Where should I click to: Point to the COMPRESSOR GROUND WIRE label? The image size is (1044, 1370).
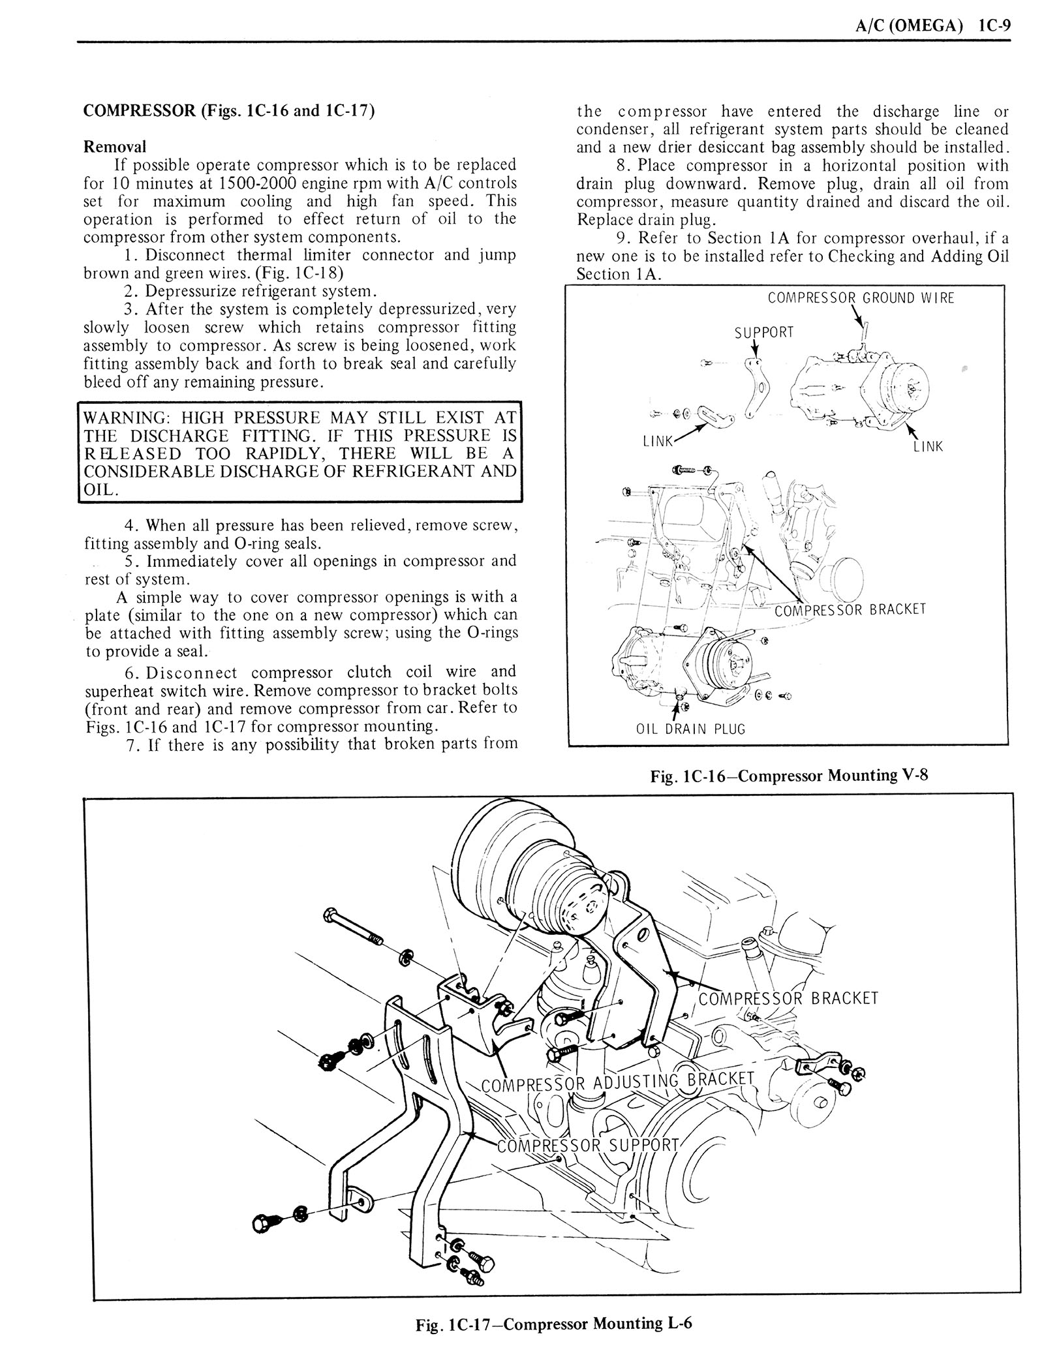pyautogui.click(x=861, y=298)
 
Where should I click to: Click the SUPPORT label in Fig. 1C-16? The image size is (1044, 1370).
pyautogui.click(x=764, y=332)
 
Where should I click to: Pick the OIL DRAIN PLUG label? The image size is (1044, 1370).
pyautogui.click(x=690, y=729)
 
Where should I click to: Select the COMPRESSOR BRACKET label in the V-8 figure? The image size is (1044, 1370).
pyautogui.click(x=850, y=609)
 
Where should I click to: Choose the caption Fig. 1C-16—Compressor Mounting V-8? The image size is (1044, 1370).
pyautogui.click(x=788, y=776)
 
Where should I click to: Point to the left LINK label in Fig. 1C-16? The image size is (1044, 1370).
pyautogui.click(x=658, y=441)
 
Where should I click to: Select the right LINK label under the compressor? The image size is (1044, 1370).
pyautogui.click(x=928, y=447)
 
